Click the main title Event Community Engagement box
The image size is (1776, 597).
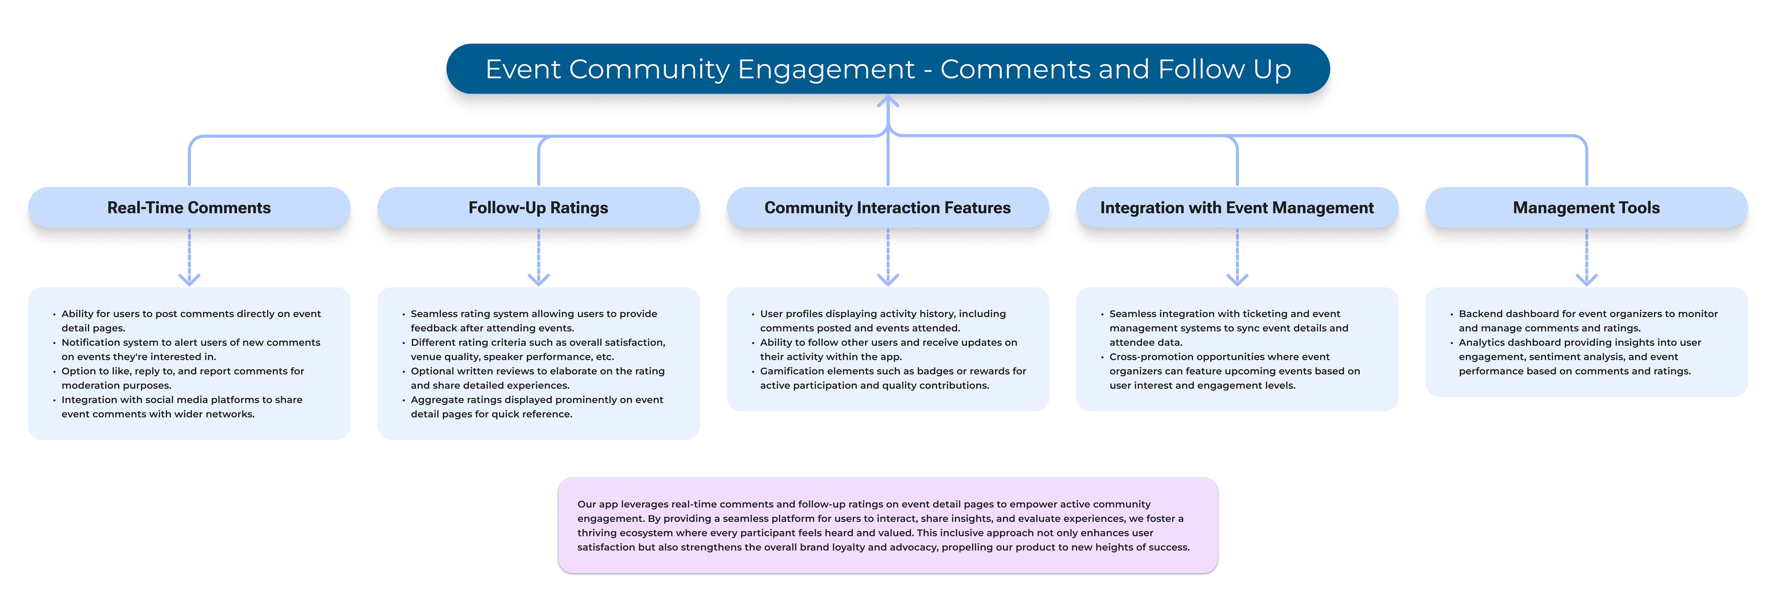(888, 69)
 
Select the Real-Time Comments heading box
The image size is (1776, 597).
(189, 207)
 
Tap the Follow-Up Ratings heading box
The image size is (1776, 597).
(539, 207)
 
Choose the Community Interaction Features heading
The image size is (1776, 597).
(888, 207)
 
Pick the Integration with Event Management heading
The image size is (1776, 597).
(1237, 207)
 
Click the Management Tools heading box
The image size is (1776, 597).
(1586, 207)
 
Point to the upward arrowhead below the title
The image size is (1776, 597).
(888, 101)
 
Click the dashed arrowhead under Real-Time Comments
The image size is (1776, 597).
(189, 279)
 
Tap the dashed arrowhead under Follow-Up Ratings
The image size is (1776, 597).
(539, 279)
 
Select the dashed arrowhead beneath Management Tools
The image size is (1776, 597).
(1586, 279)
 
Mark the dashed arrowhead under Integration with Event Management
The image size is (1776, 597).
(1237, 279)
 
